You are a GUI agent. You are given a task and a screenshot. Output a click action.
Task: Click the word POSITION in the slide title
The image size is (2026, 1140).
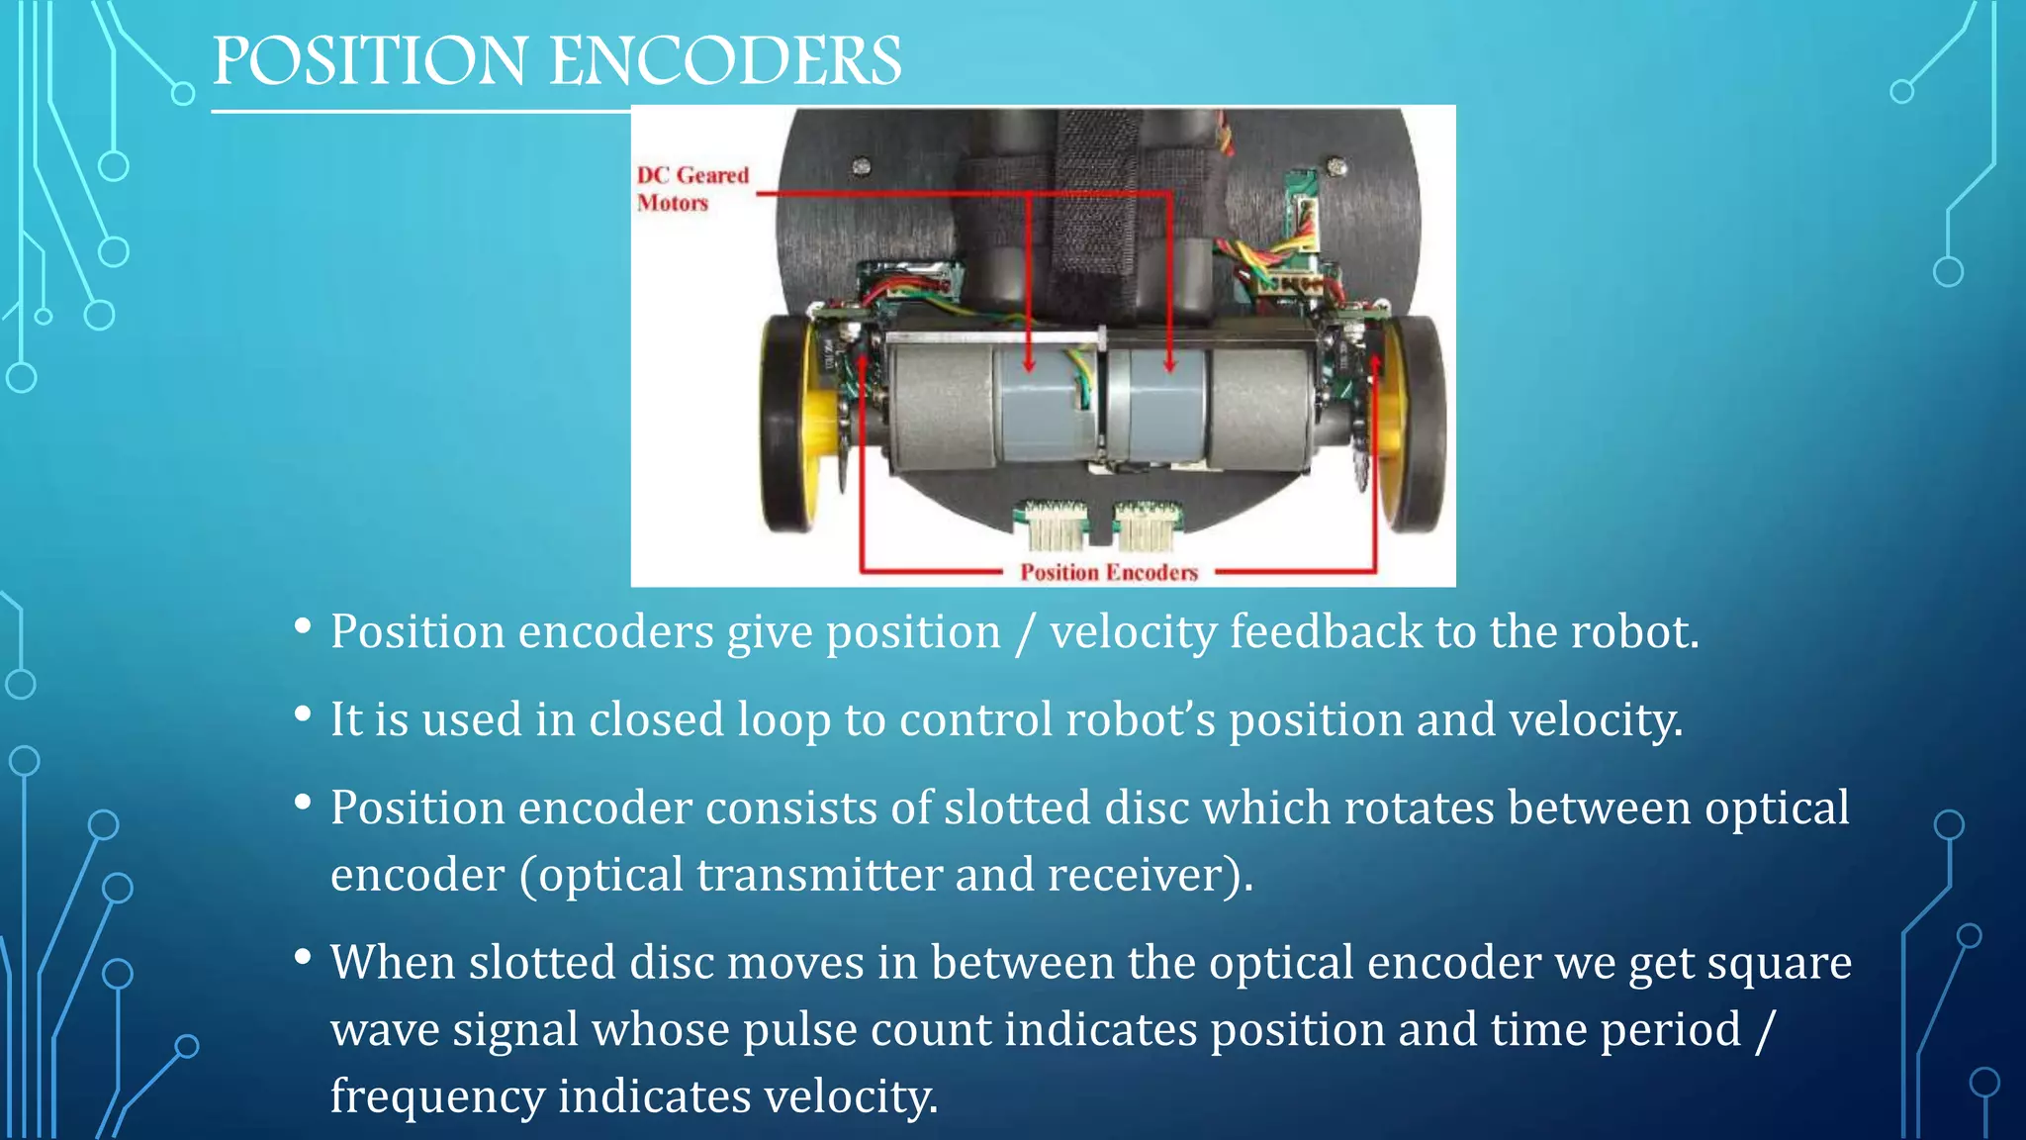(x=369, y=61)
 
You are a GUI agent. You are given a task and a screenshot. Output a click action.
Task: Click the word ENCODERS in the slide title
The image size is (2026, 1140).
(x=725, y=61)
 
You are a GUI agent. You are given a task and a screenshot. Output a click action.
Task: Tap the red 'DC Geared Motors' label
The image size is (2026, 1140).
(x=691, y=189)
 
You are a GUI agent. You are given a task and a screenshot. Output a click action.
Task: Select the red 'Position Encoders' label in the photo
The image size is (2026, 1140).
(x=1109, y=572)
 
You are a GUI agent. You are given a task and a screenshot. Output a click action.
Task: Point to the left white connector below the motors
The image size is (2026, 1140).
(x=1055, y=524)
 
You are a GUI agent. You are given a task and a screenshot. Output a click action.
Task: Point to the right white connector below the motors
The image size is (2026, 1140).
(x=1147, y=524)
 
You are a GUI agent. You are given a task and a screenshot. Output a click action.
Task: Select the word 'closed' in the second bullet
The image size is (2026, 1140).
(x=656, y=719)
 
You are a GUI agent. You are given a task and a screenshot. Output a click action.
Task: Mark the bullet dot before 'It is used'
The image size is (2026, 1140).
(x=304, y=714)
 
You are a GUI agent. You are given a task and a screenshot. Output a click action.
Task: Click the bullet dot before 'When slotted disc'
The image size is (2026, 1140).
(x=304, y=957)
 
